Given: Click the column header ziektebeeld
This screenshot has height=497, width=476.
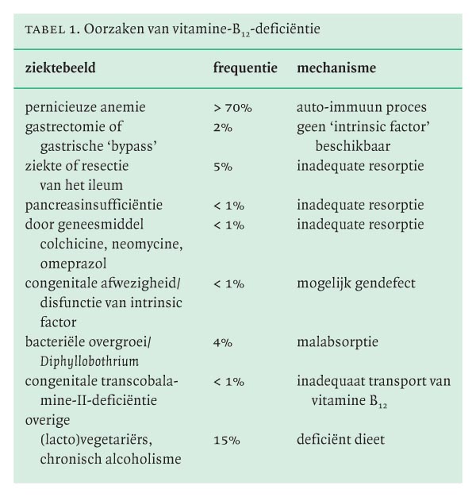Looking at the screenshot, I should (60, 68).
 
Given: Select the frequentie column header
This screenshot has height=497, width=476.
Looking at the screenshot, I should (245, 68).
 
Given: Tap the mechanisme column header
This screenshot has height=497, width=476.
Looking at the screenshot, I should (336, 68).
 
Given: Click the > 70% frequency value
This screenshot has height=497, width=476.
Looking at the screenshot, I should (232, 107).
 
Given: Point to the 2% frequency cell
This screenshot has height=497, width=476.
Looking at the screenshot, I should (222, 127).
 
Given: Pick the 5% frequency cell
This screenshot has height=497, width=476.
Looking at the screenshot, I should (222, 166).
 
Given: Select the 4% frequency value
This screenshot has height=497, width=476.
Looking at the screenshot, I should (222, 342).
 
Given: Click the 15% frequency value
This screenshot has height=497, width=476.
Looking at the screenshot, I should (225, 439).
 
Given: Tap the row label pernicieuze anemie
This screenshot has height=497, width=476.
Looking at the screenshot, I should (85, 107).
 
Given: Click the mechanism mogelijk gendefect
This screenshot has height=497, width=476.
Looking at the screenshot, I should (356, 283).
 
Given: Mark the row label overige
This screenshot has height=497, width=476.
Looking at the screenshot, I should (48, 420).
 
